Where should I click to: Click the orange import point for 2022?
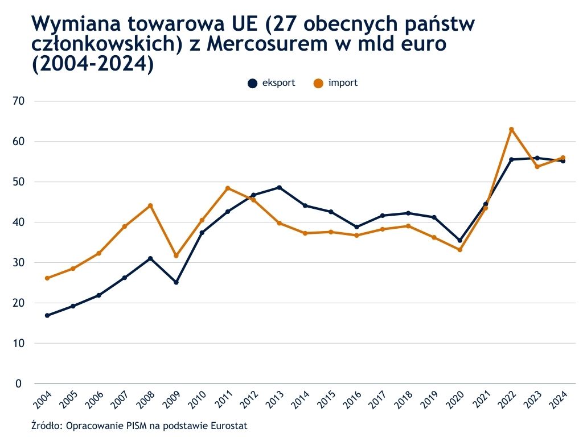point(511,129)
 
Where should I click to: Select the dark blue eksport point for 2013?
point(279,187)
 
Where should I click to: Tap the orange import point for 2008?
point(150,205)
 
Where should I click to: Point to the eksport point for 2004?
point(47,315)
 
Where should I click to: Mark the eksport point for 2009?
point(176,282)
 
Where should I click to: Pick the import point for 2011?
point(228,188)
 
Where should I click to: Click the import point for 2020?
point(460,250)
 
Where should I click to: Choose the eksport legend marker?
point(252,83)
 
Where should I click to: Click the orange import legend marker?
point(318,83)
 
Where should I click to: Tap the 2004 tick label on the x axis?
point(43,401)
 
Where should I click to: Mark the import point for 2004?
point(47,278)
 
